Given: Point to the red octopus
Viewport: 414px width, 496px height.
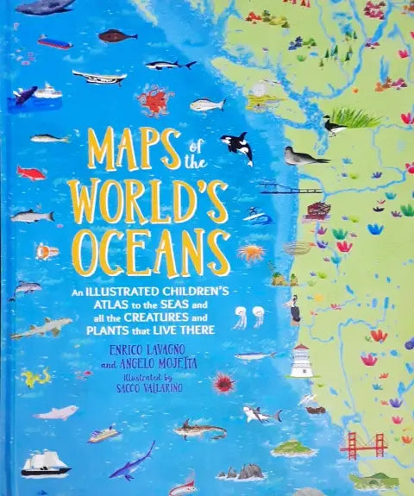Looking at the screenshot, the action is click(155, 102).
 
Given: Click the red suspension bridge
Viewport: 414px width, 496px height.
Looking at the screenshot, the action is click(361, 443).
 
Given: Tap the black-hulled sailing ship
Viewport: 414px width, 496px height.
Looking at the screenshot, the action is click(46, 463).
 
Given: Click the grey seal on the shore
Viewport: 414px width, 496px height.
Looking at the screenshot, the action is click(305, 155).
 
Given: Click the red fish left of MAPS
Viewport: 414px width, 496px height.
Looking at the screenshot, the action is click(31, 173).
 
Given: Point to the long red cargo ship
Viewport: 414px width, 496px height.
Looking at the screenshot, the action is click(54, 41).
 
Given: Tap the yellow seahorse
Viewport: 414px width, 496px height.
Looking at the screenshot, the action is click(36, 377).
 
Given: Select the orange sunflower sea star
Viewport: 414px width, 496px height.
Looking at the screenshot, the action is click(252, 253).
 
